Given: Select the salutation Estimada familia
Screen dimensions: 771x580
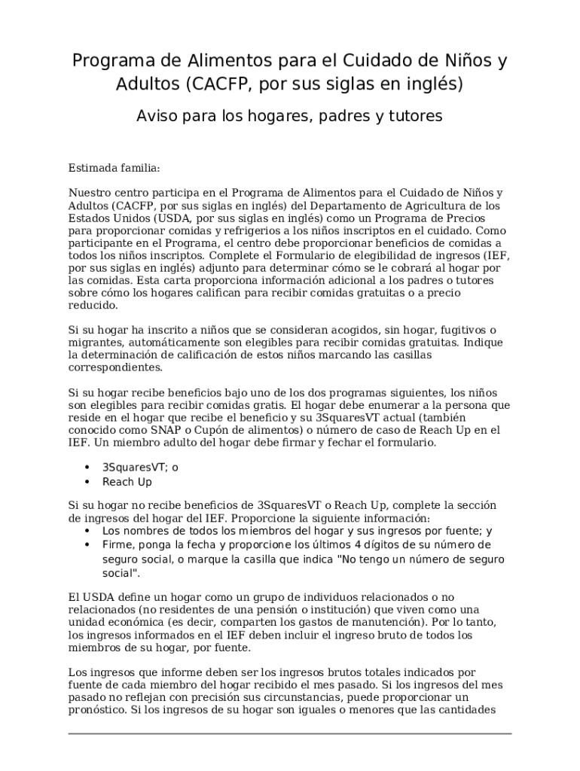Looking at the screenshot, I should tap(114, 167).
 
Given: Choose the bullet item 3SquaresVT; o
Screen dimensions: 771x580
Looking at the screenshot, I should tap(140, 467).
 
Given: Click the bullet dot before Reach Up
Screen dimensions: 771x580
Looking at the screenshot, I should tap(87, 482).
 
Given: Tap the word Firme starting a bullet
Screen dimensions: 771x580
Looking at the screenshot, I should tap(118, 544).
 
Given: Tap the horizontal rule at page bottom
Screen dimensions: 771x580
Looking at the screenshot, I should tap(290, 733).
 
